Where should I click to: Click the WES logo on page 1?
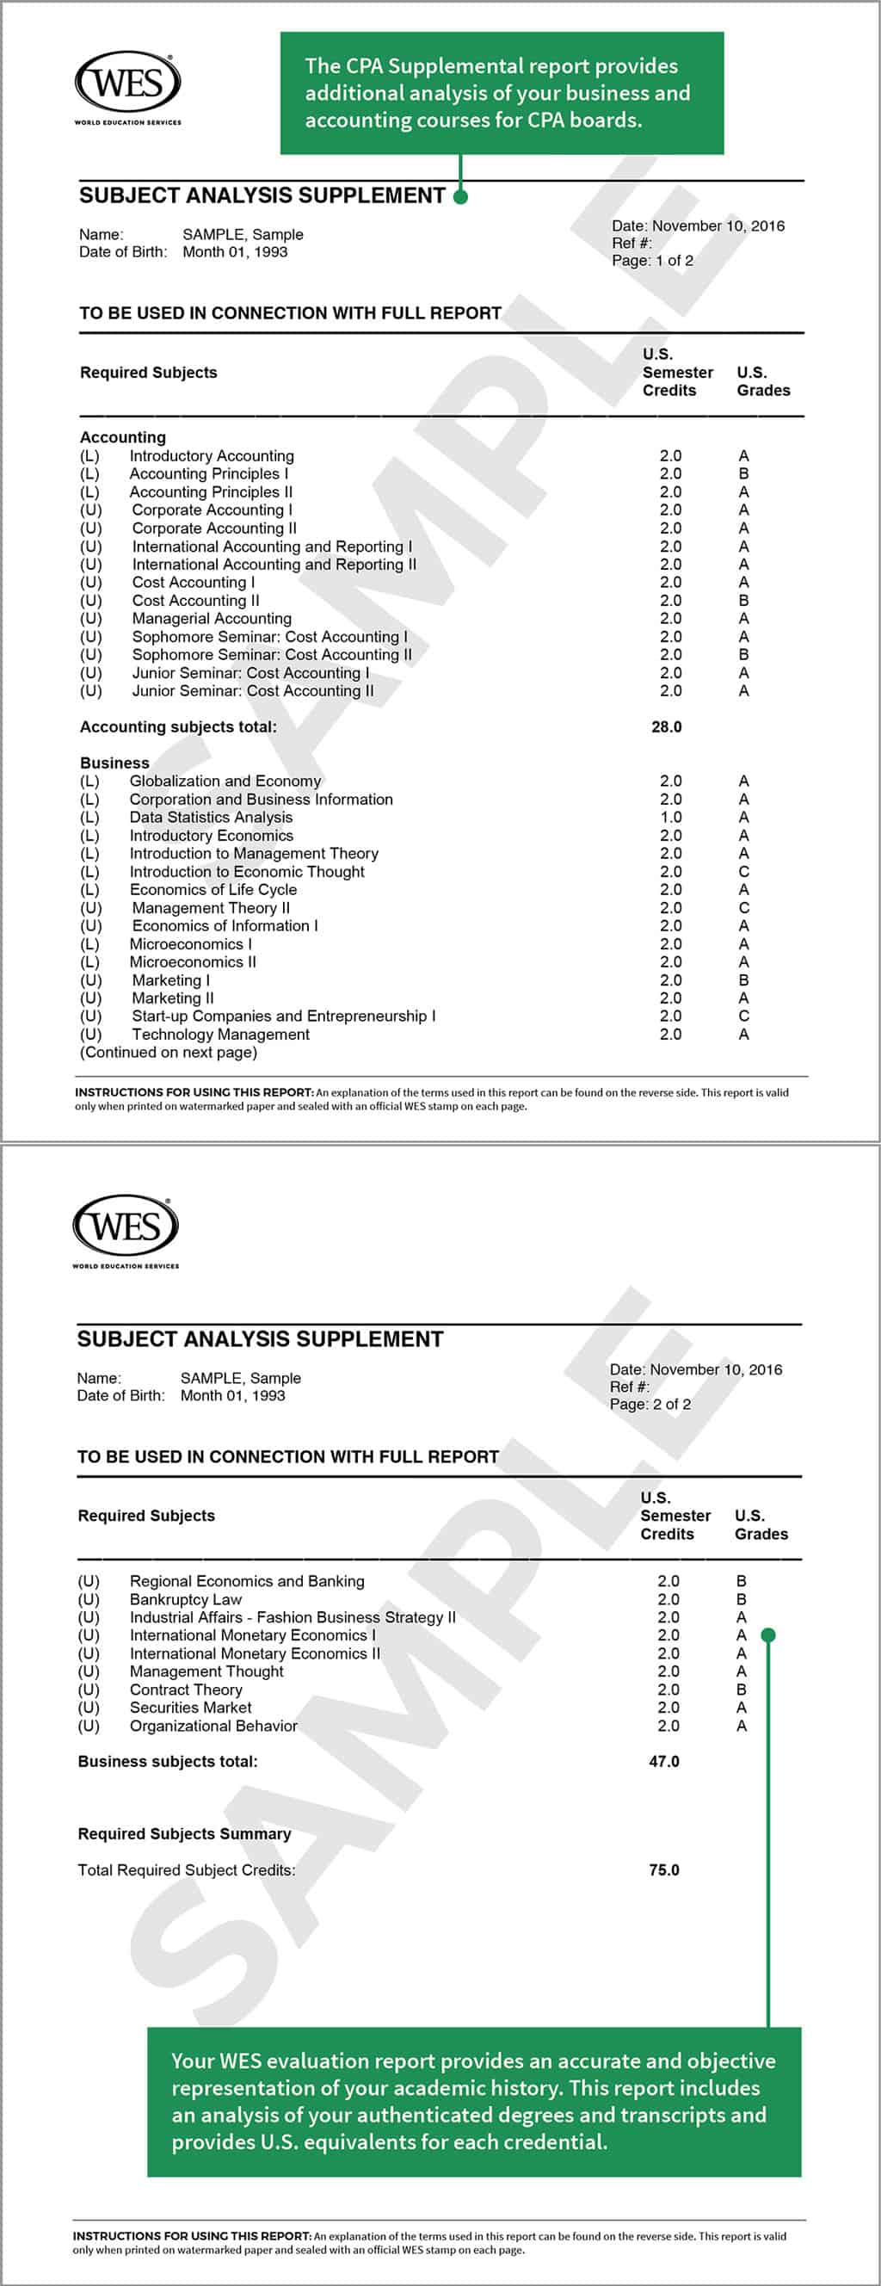pyautogui.click(x=127, y=84)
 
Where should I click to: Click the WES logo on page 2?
pyautogui.click(x=126, y=1228)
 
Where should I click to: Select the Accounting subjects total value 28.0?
pyautogui.click(x=666, y=726)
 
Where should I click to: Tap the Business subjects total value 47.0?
pyautogui.click(x=663, y=1762)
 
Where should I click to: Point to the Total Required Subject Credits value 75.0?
pyautogui.click(x=663, y=1869)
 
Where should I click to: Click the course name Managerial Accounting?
pyautogui.click(x=211, y=619)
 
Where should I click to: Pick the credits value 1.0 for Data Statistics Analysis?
pyautogui.click(x=671, y=818)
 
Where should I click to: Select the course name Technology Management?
pyautogui.click(x=221, y=1035)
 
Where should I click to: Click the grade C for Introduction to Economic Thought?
pyautogui.click(x=743, y=871)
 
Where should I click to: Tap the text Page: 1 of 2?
pyautogui.click(x=652, y=261)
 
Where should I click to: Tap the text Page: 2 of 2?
pyautogui.click(x=650, y=1405)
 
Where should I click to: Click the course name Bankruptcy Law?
pyautogui.click(x=186, y=1599)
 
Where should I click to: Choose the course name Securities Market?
pyautogui.click(x=190, y=1708)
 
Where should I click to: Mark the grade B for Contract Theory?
pyautogui.click(x=741, y=1690)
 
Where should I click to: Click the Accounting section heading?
pyautogui.click(x=122, y=437)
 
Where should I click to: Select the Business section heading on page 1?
pyautogui.click(x=114, y=763)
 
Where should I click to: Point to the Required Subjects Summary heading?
pyautogui.click(x=184, y=1833)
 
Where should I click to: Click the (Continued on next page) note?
pyautogui.click(x=169, y=1053)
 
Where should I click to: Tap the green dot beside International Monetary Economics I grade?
pyautogui.click(x=768, y=1634)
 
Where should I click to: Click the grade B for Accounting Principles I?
pyautogui.click(x=743, y=474)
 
